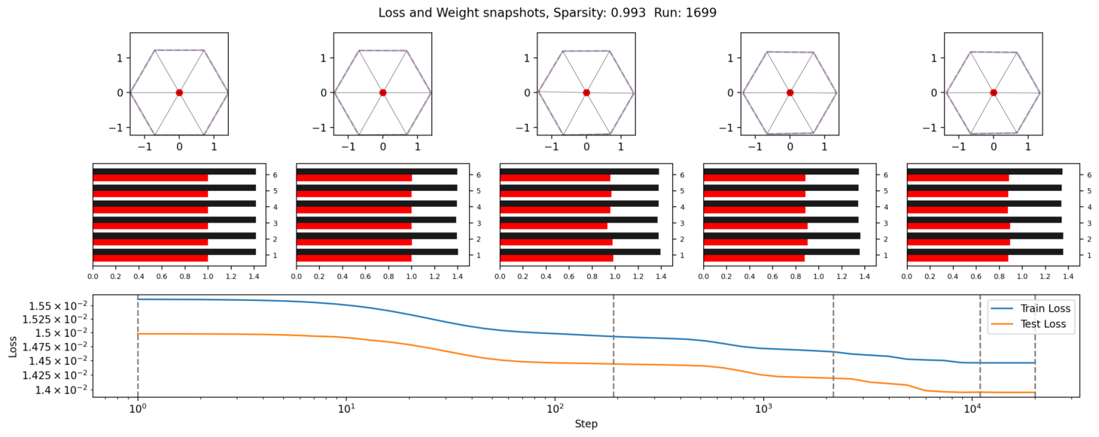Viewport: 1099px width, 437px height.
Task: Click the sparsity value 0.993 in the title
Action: click(x=637, y=12)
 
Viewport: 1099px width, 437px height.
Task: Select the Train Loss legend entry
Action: click(x=1045, y=308)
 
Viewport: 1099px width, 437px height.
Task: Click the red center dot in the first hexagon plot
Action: click(x=179, y=93)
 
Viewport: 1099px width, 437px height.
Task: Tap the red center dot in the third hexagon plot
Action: click(x=586, y=93)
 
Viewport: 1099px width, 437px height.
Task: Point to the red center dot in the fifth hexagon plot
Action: click(x=994, y=93)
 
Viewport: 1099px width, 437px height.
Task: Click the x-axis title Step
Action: click(x=586, y=424)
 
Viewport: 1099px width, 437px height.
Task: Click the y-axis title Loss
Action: click(x=13, y=345)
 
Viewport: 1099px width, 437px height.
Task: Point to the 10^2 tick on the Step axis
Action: click(x=555, y=410)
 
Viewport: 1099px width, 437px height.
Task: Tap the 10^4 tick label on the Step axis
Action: click(x=973, y=410)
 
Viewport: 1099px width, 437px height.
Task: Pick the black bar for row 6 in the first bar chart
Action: click(x=174, y=171)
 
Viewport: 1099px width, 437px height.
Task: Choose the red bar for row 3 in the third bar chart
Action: click(x=553, y=226)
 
